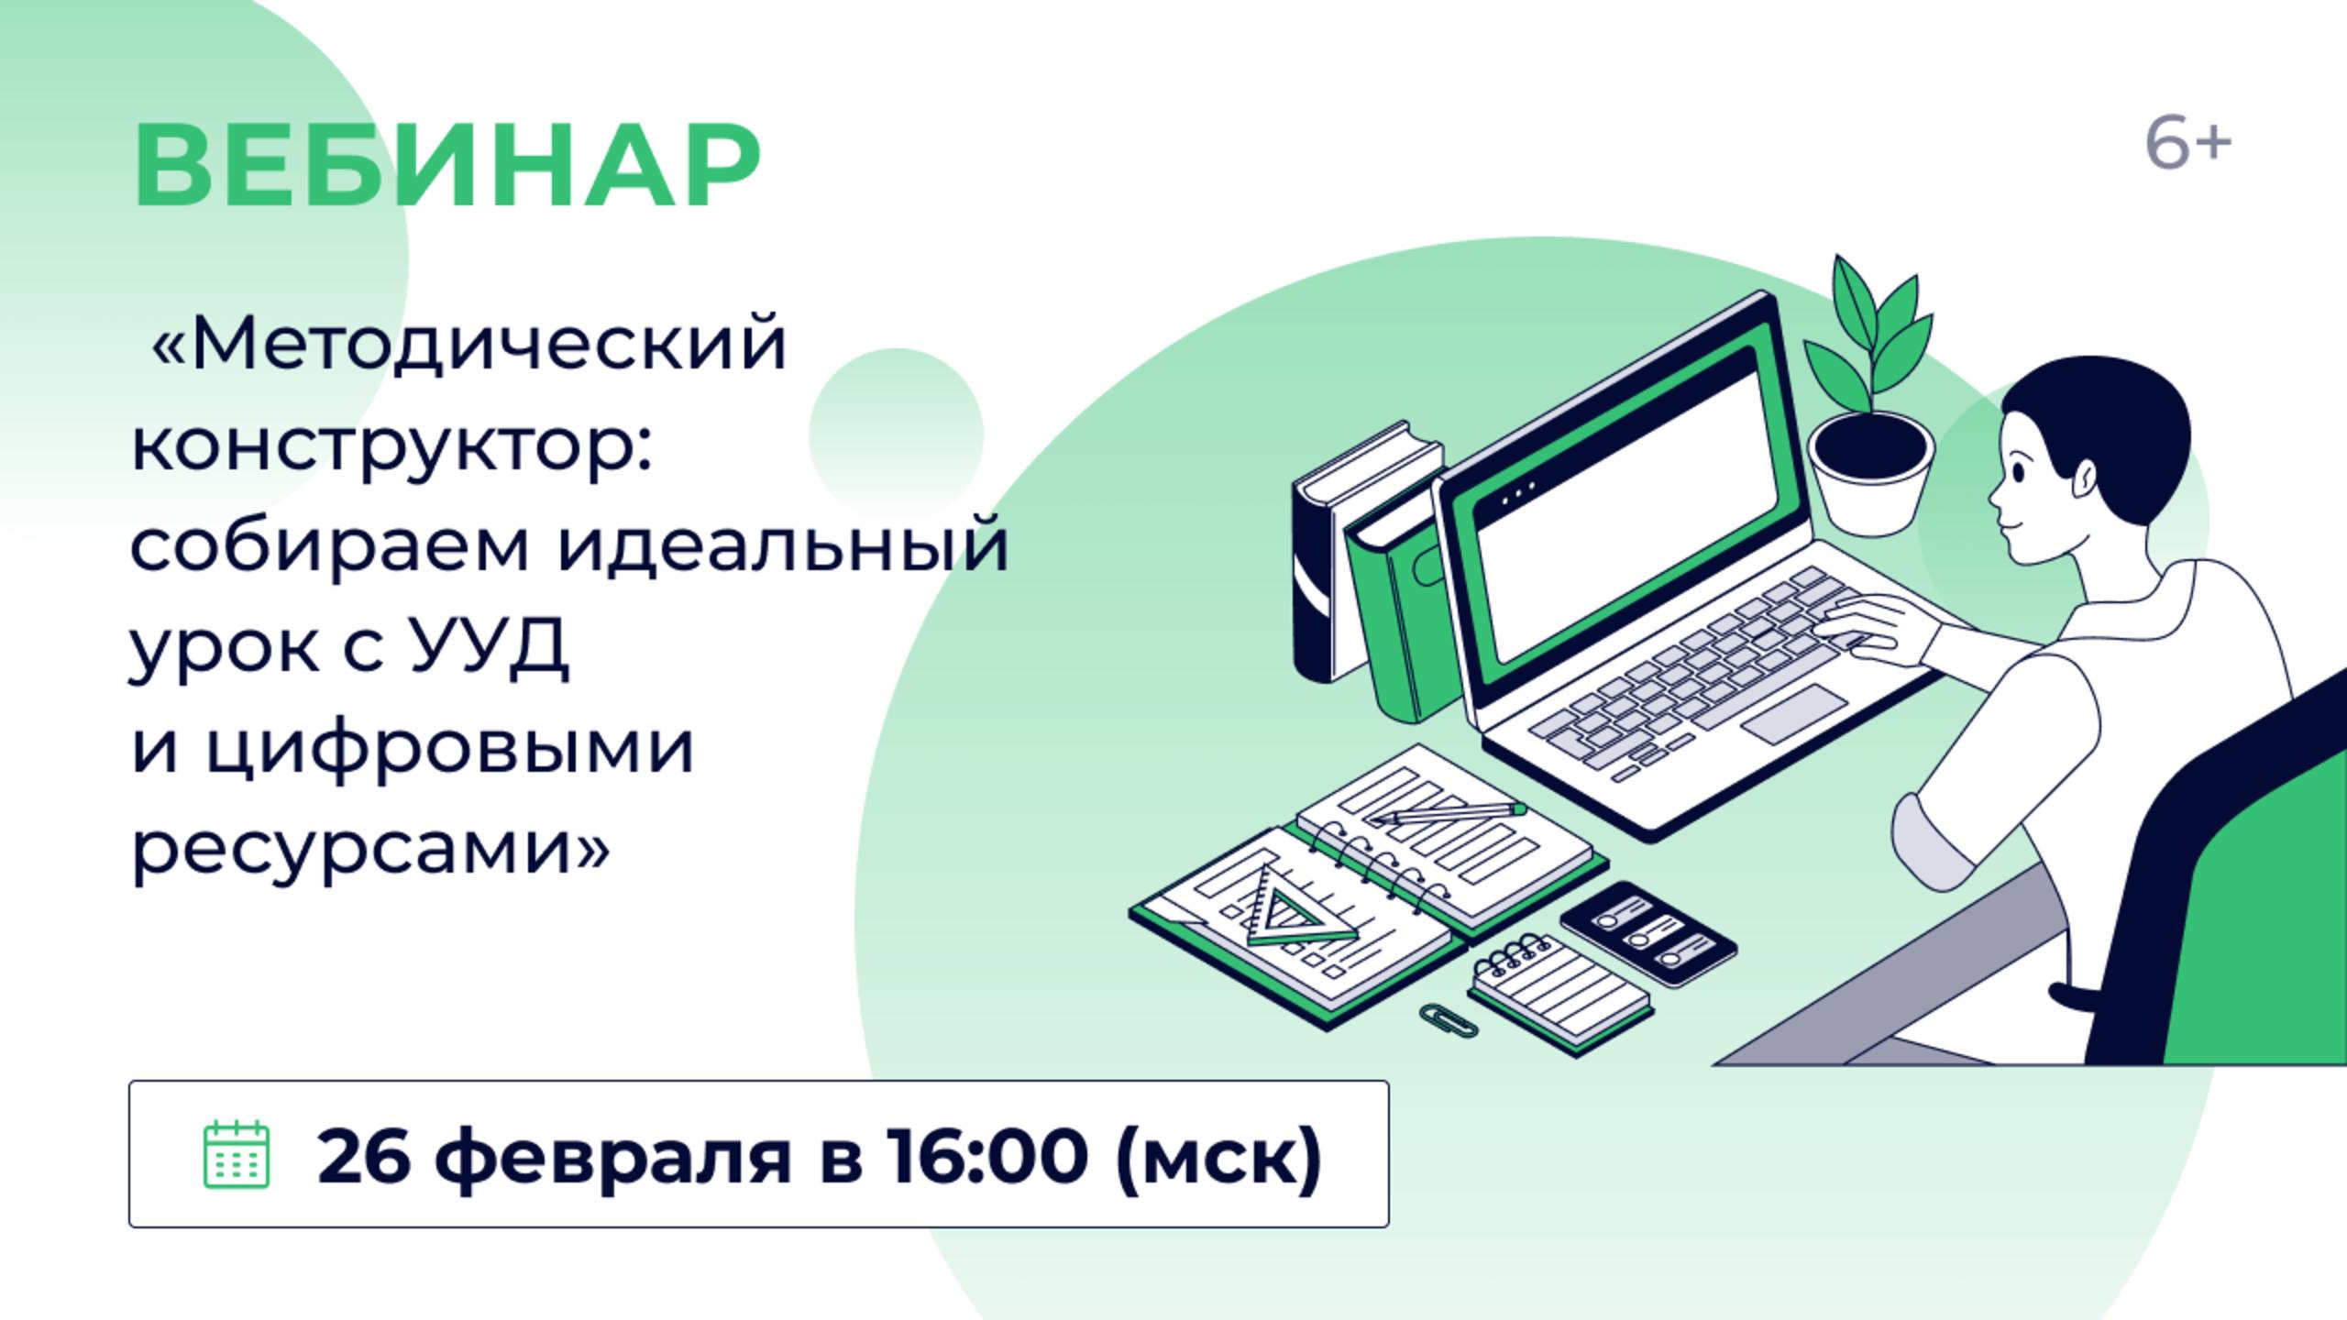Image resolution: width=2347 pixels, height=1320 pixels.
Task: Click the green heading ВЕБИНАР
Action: tap(446, 165)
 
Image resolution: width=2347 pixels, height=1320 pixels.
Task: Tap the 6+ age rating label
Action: tap(2187, 145)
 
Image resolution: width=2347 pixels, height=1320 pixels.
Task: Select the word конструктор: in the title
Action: tap(391, 446)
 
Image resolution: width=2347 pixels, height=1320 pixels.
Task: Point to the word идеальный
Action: tap(784, 546)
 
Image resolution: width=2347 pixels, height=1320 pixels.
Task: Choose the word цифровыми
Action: tap(449, 750)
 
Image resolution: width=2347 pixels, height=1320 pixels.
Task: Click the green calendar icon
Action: tap(236, 1154)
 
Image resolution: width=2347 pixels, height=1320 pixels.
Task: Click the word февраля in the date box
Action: tap(612, 1157)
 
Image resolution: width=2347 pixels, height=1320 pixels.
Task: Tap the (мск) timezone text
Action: tap(1219, 1157)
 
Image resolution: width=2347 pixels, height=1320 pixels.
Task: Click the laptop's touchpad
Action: tap(1794, 714)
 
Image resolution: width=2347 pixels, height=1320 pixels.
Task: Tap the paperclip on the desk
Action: tap(1449, 1019)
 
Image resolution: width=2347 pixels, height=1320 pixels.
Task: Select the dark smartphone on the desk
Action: tap(1648, 933)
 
